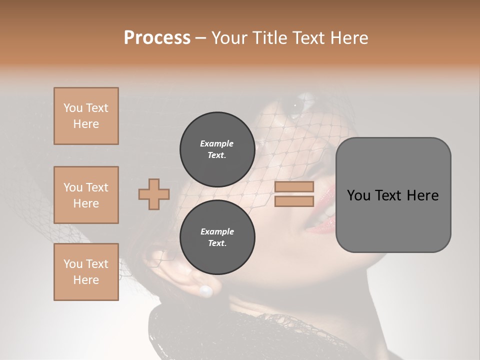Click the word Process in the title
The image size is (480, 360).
click(x=157, y=38)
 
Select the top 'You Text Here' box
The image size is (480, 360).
click(x=86, y=116)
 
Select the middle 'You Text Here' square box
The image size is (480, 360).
click(x=86, y=195)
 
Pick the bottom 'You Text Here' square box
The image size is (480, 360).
click(x=86, y=271)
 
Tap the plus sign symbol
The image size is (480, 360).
click(x=154, y=194)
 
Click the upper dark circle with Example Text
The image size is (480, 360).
click(x=217, y=149)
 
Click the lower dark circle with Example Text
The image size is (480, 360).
click(x=217, y=237)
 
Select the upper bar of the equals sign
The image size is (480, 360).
click(x=294, y=187)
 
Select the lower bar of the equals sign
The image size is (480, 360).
click(x=294, y=201)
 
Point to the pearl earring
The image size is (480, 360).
click(x=205, y=290)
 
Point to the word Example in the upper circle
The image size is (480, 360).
click(x=217, y=143)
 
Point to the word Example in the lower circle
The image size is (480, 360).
click(x=217, y=231)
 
